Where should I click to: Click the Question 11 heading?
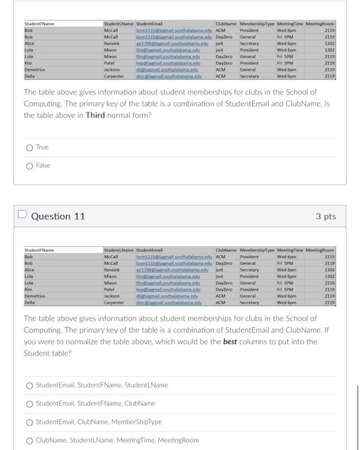pyautogui.click(x=58, y=216)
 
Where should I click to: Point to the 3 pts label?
pyautogui.click(x=325, y=216)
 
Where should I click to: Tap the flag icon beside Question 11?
pyautogui.click(x=22, y=216)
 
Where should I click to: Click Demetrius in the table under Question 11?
pyautogui.click(x=36, y=296)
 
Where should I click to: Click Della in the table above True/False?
pyautogui.click(x=29, y=76)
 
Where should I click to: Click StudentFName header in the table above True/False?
pyautogui.click(x=39, y=24)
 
